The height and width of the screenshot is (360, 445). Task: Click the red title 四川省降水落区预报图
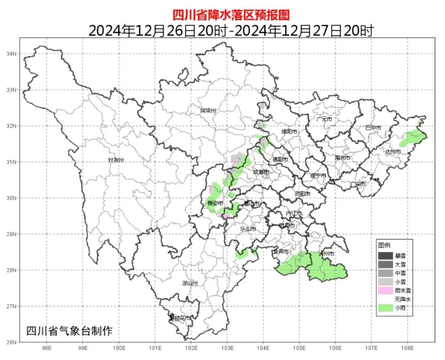coord(230,15)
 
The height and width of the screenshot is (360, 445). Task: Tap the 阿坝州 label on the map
coord(208,110)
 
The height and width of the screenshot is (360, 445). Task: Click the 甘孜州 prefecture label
coord(116,160)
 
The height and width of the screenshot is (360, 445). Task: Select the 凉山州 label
coord(190,283)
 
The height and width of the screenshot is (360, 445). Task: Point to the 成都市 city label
coord(261,172)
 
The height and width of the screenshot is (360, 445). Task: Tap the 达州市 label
coord(393,152)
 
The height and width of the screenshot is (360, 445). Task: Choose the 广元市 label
coord(324,119)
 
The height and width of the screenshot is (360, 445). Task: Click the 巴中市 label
coord(373,128)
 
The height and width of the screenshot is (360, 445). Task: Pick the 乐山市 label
coord(248,229)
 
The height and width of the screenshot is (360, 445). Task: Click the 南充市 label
coord(342,158)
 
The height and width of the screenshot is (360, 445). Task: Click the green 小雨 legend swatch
coord(385,308)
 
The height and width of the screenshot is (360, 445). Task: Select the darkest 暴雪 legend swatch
coord(385,255)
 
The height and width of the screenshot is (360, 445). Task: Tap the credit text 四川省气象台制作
coord(69,330)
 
